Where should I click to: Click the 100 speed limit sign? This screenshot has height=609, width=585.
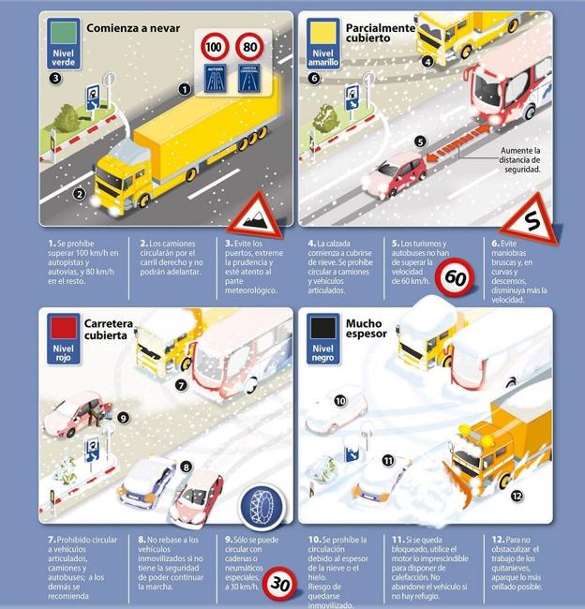click(x=213, y=46)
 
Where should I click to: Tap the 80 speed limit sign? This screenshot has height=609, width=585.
click(x=249, y=46)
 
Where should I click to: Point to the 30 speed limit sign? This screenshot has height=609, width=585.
click(x=278, y=583)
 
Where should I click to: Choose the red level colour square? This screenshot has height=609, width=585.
click(x=63, y=327)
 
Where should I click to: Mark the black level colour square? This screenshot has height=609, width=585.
click(x=322, y=327)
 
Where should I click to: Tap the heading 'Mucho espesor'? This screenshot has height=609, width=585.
click(x=364, y=332)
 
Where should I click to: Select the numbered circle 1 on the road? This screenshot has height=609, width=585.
click(x=185, y=89)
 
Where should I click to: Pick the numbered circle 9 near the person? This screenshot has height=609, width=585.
click(x=123, y=419)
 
